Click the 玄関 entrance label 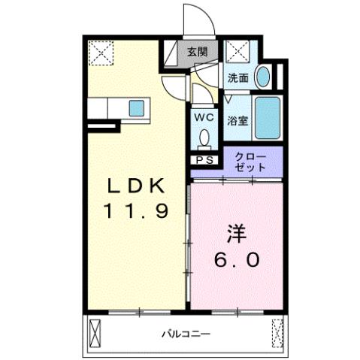pos(198,53)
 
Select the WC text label pos(204,117)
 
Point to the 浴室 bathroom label pos(238,119)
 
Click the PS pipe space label pos(204,159)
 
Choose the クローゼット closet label pos(250,162)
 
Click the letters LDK pos(137,186)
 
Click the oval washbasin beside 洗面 pos(263,77)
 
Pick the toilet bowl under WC pos(204,138)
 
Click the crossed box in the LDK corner pos(99,53)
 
